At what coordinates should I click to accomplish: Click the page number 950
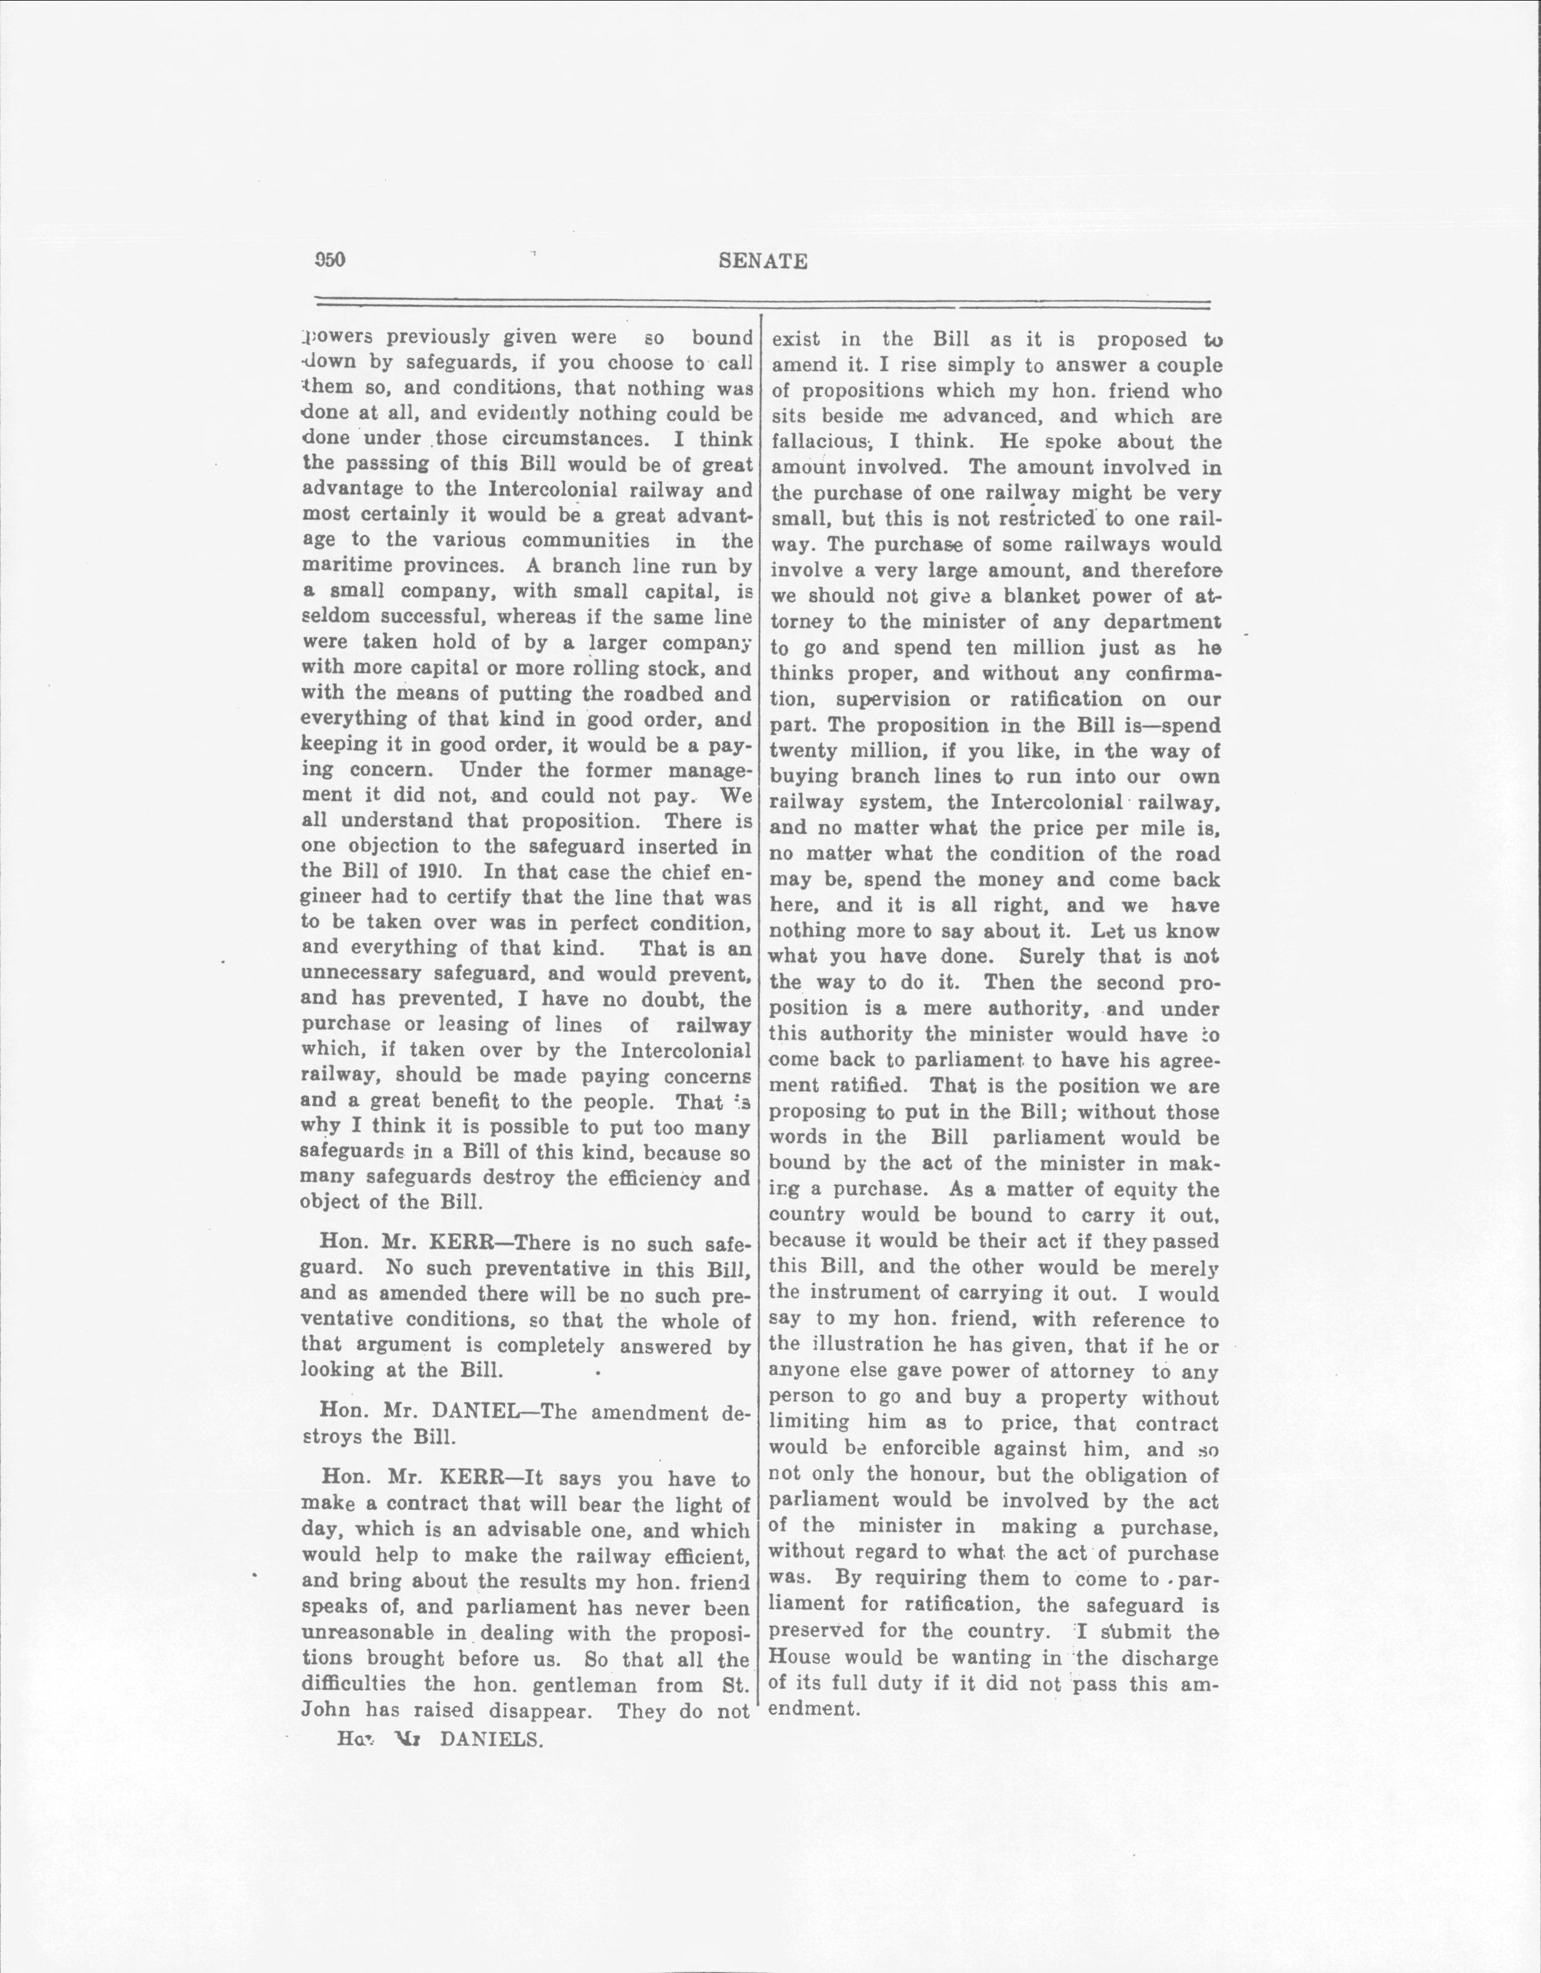[330, 260]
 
